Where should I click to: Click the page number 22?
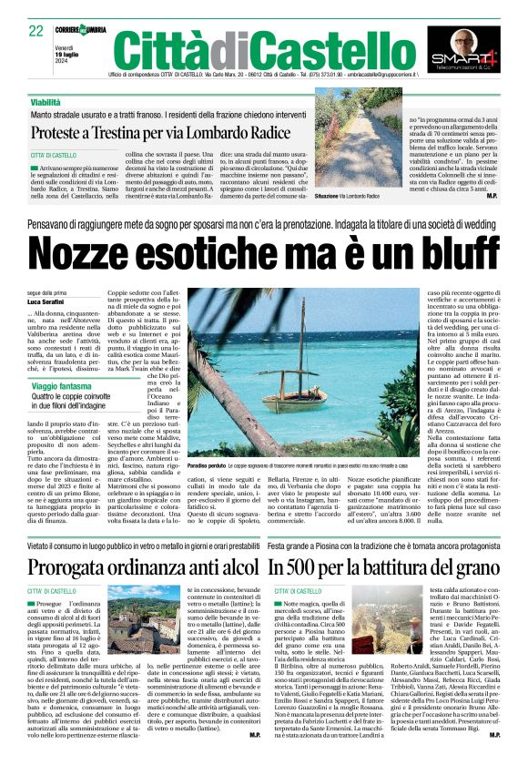coord(35,32)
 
